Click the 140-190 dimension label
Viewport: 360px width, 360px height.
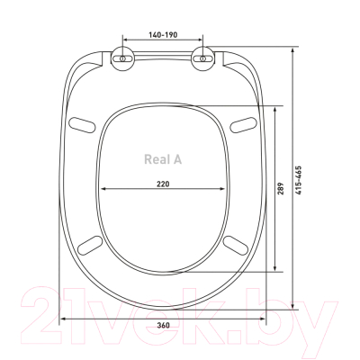point(163,35)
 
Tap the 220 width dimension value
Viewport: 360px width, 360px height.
point(163,184)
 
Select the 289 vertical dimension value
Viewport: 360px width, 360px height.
point(280,189)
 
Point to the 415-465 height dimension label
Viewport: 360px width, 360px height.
point(298,180)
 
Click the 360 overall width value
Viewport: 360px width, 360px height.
point(163,325)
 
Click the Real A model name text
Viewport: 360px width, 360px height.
point(163,159)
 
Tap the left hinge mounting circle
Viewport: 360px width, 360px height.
point(122,58)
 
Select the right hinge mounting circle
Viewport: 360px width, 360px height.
point(203,58)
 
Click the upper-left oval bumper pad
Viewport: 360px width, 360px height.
point(82,124)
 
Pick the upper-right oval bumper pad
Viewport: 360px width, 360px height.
point(244,124)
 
